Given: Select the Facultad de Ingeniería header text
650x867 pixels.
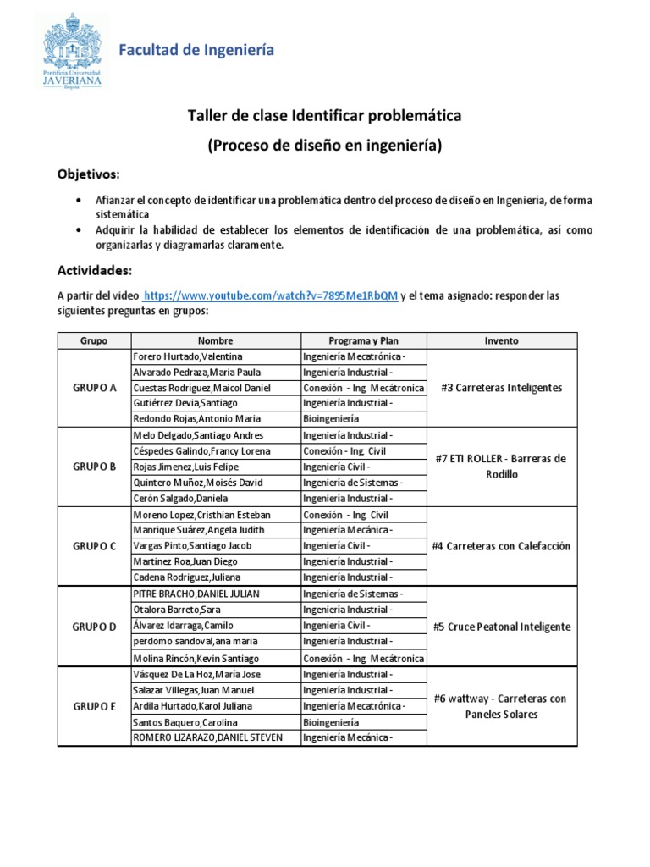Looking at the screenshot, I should (196, 51).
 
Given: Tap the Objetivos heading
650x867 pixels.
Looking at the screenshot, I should (89, 174).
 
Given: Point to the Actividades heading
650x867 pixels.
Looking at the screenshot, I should (95, 270).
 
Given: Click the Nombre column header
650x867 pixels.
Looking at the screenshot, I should (215, 340).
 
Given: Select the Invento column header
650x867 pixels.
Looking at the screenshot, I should (501, 340).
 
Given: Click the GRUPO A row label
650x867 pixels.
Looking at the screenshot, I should (94, 388).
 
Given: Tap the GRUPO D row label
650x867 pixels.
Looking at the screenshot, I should (94, 627).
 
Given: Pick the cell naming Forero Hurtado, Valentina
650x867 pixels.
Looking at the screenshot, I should (188, 356).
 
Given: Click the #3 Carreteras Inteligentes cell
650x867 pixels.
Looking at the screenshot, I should (501, 388).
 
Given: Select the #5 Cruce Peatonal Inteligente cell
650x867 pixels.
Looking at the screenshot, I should (501, 627).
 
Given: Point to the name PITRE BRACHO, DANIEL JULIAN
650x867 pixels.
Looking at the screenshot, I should (196, 594).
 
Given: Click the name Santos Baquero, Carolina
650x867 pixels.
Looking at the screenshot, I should (185, 722).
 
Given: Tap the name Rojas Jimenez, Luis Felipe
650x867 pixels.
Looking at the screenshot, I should (186, 467).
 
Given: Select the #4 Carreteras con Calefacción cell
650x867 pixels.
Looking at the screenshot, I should (501, 546).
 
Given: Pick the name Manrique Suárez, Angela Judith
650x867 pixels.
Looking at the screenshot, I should (199, 530).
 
